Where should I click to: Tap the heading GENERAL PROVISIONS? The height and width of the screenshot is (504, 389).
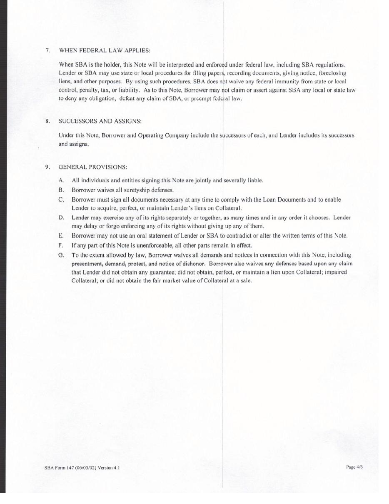pyautogui.click(x=92, y=167)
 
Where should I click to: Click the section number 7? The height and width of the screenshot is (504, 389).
pyautogui.click(x=48, y=50)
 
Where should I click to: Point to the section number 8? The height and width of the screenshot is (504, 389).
pyautogui.click(x=47, y=121)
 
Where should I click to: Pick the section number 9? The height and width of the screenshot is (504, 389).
pyautogui.click(x=47, y=167)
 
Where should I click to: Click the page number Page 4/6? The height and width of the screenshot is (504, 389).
pyautogui.click(x=354, y=467)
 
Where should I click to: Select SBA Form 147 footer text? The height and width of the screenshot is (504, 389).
pyautogui.click(x=82, y=467)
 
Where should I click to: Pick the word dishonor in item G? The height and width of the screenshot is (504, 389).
pyautogui.click(x=193, y=264)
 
